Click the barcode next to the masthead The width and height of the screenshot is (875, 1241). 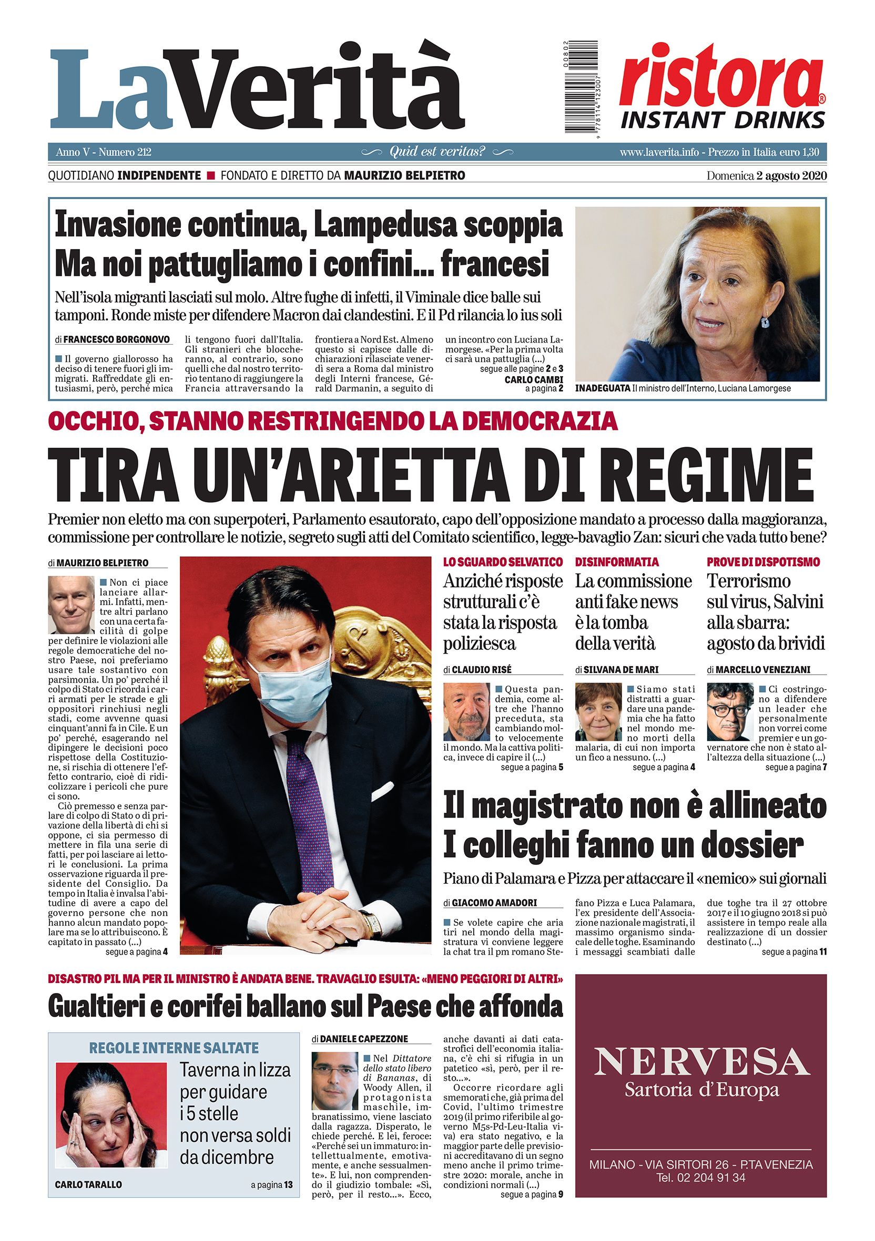pyautogui.click(x=578, y=86)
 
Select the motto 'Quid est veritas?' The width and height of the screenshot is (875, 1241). pyautogui.click(x=437, y=152)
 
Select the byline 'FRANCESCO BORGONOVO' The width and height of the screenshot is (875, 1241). pyautogui.click(x=117, y=339)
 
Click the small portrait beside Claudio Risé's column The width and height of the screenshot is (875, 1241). pyautogui.click(x=466, y=712)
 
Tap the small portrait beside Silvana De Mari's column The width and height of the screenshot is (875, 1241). pyautogui.click(x=598, y=712)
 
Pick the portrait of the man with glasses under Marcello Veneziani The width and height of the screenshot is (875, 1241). pyautogui.click(x=730, y=712)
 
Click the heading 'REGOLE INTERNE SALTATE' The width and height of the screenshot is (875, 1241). pyautogui.click(x=174, y=1048)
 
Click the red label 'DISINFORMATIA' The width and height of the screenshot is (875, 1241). pyautogui.click(x=616, y=562)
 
